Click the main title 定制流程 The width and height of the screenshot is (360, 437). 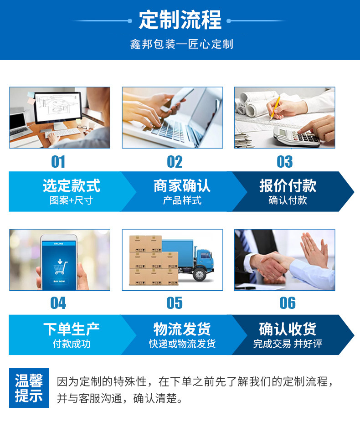[x=180, y=20]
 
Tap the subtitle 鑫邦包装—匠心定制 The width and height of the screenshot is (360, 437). [x=181, y=44]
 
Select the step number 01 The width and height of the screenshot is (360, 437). [x=58, y=162]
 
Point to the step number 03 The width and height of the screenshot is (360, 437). [x=285, y=162]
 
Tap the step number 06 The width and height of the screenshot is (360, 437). [x=287, y=303]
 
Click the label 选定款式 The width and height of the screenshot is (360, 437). [x=71, y=185]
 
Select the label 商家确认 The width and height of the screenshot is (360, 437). [x=182, y=185]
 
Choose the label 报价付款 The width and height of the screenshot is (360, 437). [x=288, y=185]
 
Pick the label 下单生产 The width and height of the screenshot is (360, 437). [x=71, y=329]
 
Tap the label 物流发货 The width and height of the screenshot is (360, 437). [x=182, y=329]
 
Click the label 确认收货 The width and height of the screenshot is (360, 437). [x=288, y=329]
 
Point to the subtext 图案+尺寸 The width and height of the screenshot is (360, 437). [x=71, y=201]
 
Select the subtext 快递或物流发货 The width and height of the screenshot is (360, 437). [x=182, y=344]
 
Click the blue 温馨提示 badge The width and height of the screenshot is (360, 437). [x=29, y=388]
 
